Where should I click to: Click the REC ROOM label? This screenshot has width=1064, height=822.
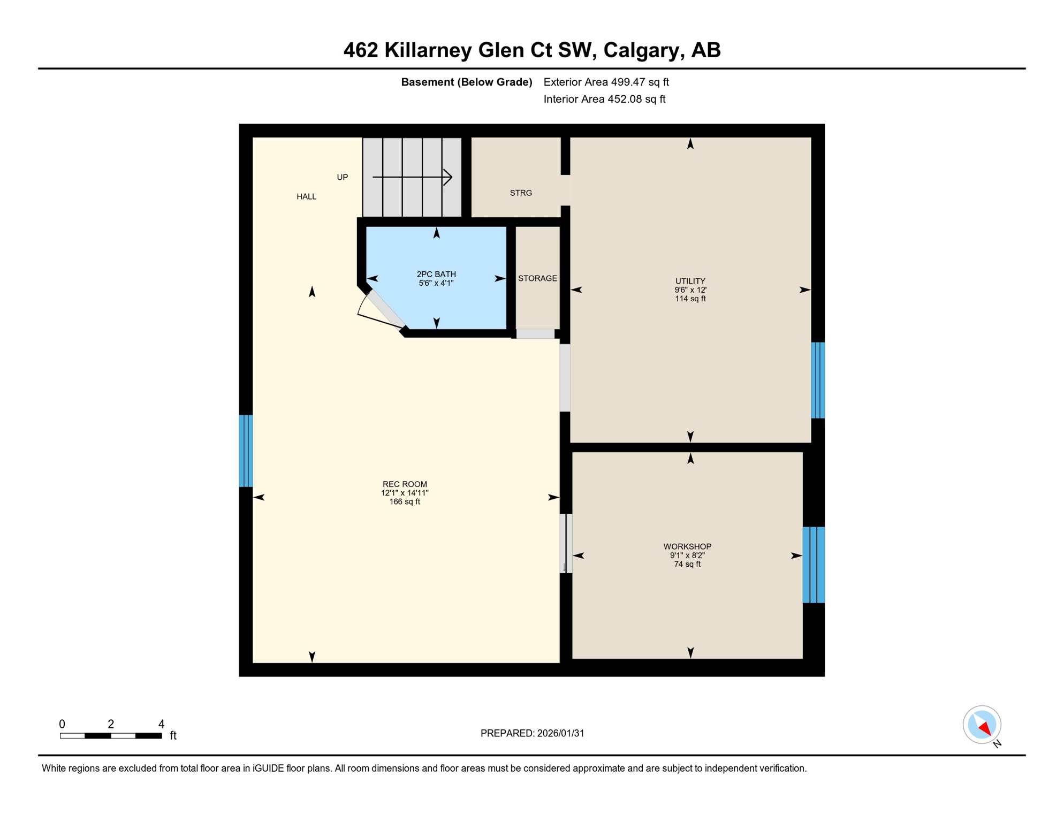[x=405, y=484]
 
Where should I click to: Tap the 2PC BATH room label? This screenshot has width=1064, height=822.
[x=436, y=275]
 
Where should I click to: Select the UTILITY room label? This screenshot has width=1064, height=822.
[x=690, y=281]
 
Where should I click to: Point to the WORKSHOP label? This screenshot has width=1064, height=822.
[x=687, y=546]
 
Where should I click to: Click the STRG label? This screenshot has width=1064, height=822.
[x=521, y=193]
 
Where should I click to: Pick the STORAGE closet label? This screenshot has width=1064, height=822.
[x=537, y=278]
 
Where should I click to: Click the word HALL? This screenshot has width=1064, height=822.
[x=306, y=196]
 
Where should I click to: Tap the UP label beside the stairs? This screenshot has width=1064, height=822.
[x=342, y=177]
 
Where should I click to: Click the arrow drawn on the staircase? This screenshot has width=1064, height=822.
[x=412, y=177]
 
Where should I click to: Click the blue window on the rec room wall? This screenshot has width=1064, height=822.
[x=246, y=451]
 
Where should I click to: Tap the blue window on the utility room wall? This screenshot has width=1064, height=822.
[x=818, y=380]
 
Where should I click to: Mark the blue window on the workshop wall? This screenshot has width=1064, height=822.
[x=814, y=565]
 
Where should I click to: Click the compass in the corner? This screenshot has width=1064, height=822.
[x=982, y=725]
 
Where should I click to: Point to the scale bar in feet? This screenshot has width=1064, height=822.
[x=111, y=736]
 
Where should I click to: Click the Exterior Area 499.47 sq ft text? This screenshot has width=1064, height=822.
[x=606, y=82]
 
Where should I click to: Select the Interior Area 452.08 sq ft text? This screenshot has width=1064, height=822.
[x=604, y=99]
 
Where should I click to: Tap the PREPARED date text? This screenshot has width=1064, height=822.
[x=532, y=733]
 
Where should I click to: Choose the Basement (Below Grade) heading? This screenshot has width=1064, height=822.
[x=466, y=82]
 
